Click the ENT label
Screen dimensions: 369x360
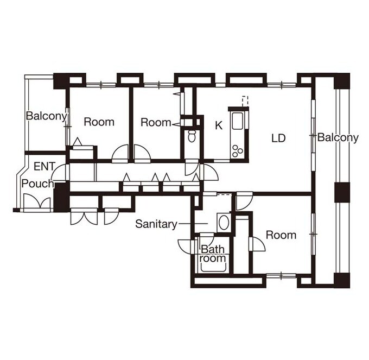coord(44,167)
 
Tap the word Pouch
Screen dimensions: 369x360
coord(37,184)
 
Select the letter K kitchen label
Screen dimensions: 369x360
coord(219,125)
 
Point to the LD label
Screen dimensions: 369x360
coord(278,138)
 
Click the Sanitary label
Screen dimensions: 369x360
coord(156,224)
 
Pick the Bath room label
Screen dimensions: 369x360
coord(213,254)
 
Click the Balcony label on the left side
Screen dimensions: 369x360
coord(46,116)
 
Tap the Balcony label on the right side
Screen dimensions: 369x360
coord(338,137)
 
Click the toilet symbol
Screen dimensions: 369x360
coord(192,136)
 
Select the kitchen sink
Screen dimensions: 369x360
coord(237,121)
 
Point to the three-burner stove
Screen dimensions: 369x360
coord(237,151)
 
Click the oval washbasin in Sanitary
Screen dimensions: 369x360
coord(223,222)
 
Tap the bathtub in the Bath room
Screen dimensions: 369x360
coord(213,268)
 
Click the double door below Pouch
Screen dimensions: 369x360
coord(37,202)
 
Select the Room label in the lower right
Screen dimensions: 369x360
coord(281,235)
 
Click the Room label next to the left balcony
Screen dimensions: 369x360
coord(99,122)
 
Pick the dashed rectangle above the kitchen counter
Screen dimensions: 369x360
coord(245,101)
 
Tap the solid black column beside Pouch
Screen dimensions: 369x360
coord(61,197)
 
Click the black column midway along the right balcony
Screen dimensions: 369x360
coord(342,192)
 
